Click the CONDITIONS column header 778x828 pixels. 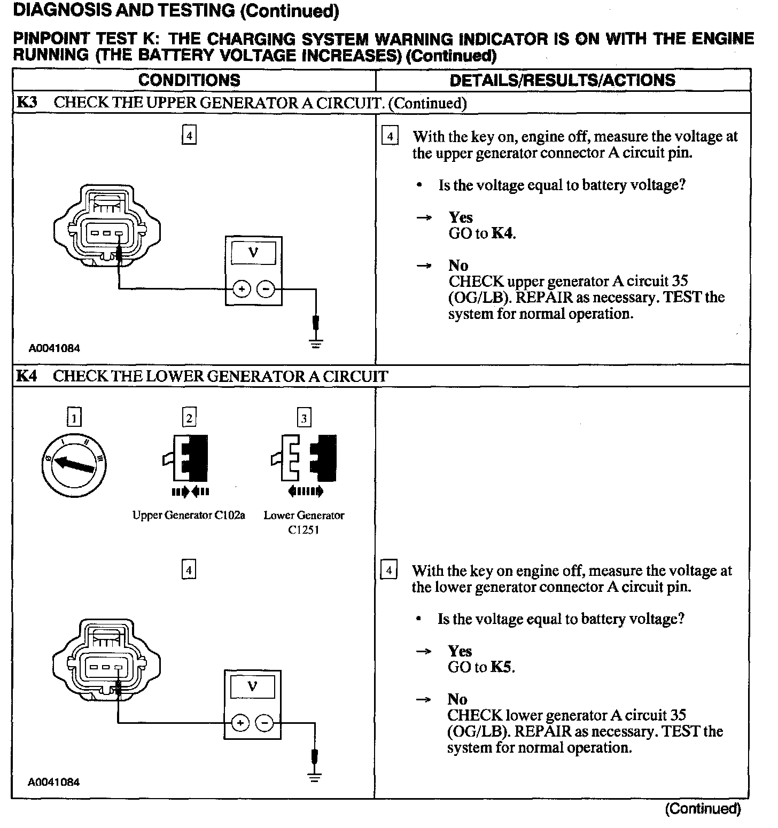(x=189, y=80)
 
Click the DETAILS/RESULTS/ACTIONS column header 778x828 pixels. (x=562, y=80)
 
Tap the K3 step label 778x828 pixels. (x=27, y=102)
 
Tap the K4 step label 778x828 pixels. (x=27, y=376)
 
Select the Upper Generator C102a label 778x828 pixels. (x=189, y=515)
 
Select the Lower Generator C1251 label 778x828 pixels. (x=304, y=522)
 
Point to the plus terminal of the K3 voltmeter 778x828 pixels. (x=242, y=290)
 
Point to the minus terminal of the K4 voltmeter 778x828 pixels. (x=264, y=723)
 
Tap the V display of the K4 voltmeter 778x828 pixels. (x=253, y=687)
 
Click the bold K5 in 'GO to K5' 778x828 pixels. (x=502, y=667)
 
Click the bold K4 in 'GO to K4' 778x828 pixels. (x=503, y=233)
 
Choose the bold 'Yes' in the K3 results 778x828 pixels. (x=461, y=217)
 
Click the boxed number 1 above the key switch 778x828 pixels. (x=75, y=417)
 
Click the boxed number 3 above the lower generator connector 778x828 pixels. (x=304, y=418)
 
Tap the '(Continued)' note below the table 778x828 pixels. (x=703, y=809)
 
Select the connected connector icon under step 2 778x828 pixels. (x=189, y=458)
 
